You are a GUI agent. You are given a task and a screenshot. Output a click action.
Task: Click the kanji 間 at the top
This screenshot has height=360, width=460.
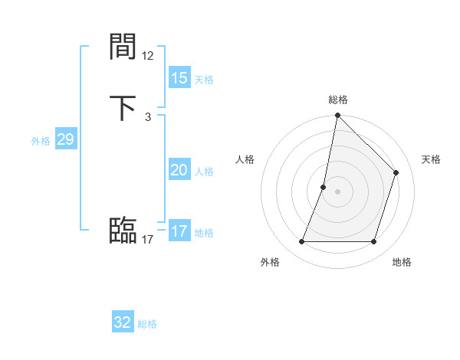tap(123, 47)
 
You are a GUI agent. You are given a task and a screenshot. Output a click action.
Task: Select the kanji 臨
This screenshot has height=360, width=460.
tap(123, 231)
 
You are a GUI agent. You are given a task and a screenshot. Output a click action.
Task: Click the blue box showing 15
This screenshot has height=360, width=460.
tap(179, 78)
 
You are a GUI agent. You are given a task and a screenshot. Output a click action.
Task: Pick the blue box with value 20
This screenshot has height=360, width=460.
tap(179, 170)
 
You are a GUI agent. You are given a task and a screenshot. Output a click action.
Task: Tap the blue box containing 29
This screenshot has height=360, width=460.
tap(65, 139)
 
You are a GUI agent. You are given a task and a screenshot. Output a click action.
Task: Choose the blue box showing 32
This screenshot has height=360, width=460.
tap(123, 322)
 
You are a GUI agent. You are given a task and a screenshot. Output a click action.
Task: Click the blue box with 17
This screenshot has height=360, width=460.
tap(179, 231)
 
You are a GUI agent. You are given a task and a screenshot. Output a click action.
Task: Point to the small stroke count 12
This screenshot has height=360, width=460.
tap(148, 56)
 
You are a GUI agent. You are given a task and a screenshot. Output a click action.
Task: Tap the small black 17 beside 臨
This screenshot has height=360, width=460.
tap(148, 240)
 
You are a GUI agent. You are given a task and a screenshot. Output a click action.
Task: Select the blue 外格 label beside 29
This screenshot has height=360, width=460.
tap(41, 141)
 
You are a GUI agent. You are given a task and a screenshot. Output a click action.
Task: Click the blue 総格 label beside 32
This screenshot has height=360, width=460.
tap(147, 324)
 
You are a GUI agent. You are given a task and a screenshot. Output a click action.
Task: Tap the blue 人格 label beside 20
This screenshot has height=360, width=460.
tap(204, 172)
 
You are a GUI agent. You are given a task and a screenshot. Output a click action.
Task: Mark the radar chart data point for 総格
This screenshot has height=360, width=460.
tap(337, 115)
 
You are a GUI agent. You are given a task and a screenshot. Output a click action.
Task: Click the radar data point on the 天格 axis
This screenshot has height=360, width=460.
tap(396, 172)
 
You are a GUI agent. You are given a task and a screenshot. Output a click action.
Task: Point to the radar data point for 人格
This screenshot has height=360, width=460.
tap(324, 187)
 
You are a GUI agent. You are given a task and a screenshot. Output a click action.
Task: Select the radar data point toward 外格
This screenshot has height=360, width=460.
tap(301, 242)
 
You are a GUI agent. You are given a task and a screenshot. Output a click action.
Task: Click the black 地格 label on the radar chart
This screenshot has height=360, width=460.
tap(402, 263)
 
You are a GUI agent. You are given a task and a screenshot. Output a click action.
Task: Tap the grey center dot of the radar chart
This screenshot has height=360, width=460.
tap(337, 191)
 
